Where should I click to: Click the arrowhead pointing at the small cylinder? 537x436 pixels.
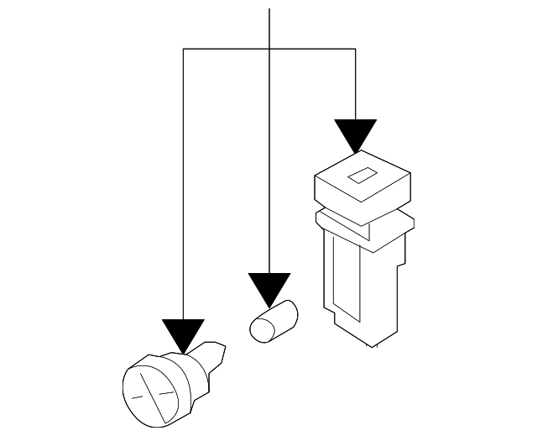tap(269, 289)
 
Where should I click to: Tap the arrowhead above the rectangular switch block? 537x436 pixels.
tap(355, 135)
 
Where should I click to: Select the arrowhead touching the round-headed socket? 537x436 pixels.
tap(183, 334)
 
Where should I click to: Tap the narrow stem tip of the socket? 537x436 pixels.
tap(216, 349)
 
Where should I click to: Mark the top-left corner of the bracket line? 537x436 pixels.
tap(183, 50)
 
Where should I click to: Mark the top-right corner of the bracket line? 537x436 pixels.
tap(355, 50)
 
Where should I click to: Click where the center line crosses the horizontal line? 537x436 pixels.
tap(269, 50)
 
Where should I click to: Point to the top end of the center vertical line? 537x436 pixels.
tap(269, 8)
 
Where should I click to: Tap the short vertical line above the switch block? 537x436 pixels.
tap(355, 84)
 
